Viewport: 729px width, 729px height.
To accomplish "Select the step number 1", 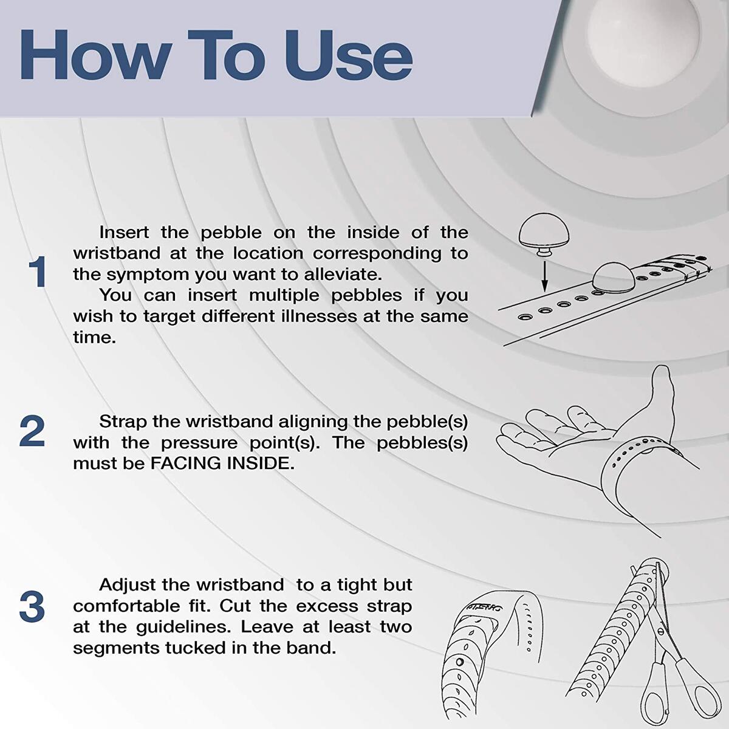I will click(x=38, y=273).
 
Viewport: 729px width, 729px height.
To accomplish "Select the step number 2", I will click(x=32, y=431).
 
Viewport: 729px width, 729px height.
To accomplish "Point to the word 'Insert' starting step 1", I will click(x=125, y=233).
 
